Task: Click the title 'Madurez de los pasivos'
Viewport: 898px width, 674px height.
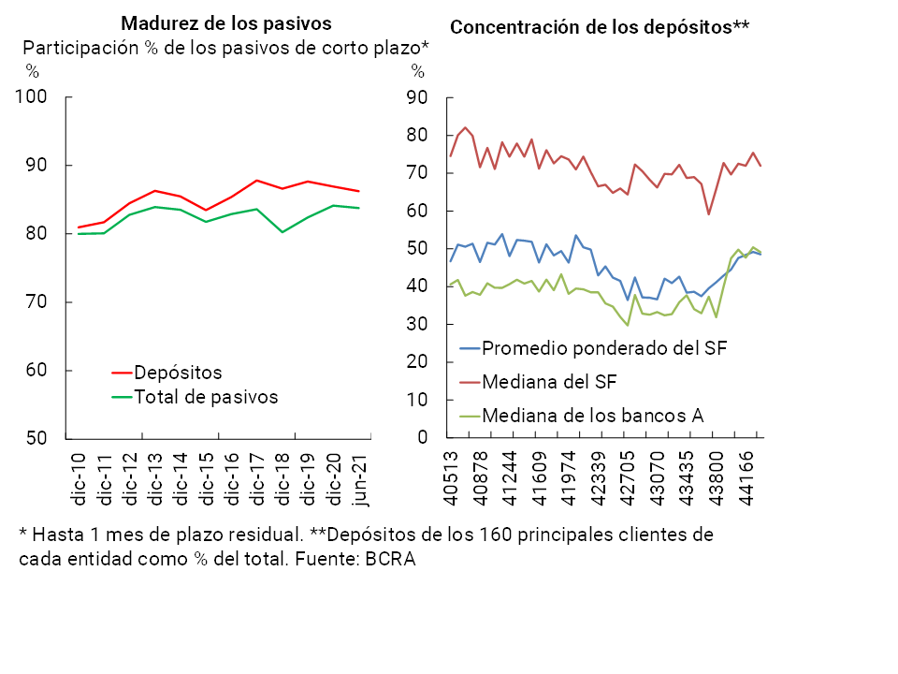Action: coord(226,22)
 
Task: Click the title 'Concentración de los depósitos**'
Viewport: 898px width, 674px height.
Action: coord(600,27)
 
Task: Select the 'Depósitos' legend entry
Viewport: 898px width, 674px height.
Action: coord(178,373)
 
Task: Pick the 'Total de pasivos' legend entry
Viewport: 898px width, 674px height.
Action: coord(206,397)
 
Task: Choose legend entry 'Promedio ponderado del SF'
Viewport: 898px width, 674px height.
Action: coord(604,348)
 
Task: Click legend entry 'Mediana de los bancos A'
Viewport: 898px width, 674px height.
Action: coord(592,415)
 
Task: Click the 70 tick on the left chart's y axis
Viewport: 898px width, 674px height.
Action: coord(40,302)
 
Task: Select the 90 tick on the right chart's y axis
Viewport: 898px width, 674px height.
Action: coord(417,98)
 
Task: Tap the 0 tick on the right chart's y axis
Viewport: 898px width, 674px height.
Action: coord(422,438)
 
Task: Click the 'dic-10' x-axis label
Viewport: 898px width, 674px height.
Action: coord(80,479)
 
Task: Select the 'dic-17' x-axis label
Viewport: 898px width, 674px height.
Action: coord(257,479)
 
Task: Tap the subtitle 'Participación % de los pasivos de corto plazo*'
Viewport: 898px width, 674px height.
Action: coord(225,48)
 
